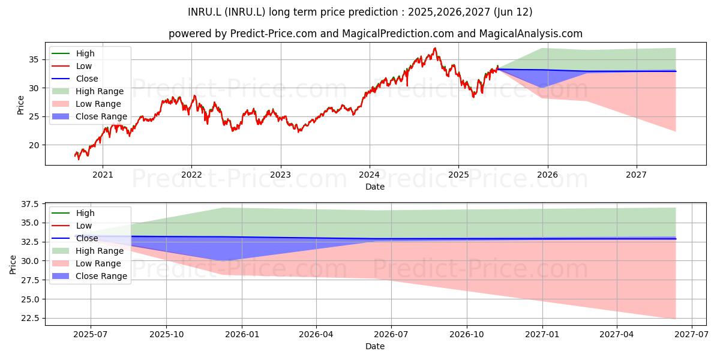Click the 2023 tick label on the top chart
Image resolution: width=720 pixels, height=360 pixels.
(x=280, y=175)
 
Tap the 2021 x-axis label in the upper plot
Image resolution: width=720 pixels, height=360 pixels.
(x=103, y=175)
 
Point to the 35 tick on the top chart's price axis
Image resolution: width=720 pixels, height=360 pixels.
(x=34, y=59)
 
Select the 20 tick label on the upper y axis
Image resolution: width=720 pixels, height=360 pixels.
(x=34, y=145)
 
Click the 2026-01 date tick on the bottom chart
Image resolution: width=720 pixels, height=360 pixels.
(x=242, y=335)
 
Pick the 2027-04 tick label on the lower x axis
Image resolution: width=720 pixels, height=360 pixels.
(x=617, y=335)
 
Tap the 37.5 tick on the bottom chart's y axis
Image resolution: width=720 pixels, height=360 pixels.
(x=30, y=204)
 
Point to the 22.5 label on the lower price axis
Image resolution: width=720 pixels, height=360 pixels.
(x=30, y=318)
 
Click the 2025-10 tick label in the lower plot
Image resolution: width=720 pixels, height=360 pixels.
(x=167, y=335)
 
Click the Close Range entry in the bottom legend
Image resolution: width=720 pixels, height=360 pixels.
(x=89, y=276)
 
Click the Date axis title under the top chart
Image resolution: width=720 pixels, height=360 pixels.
(x=375, y=187)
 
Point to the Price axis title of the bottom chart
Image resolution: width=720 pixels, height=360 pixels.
(x=13, y=265)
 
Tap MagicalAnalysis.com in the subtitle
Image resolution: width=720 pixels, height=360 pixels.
(x=530, y=34)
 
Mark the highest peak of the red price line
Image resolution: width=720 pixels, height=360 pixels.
(x=435, y=48)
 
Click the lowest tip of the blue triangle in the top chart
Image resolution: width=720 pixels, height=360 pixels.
(x=542, y=88)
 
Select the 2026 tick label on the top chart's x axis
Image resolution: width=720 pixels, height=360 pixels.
(x=547, y=175)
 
